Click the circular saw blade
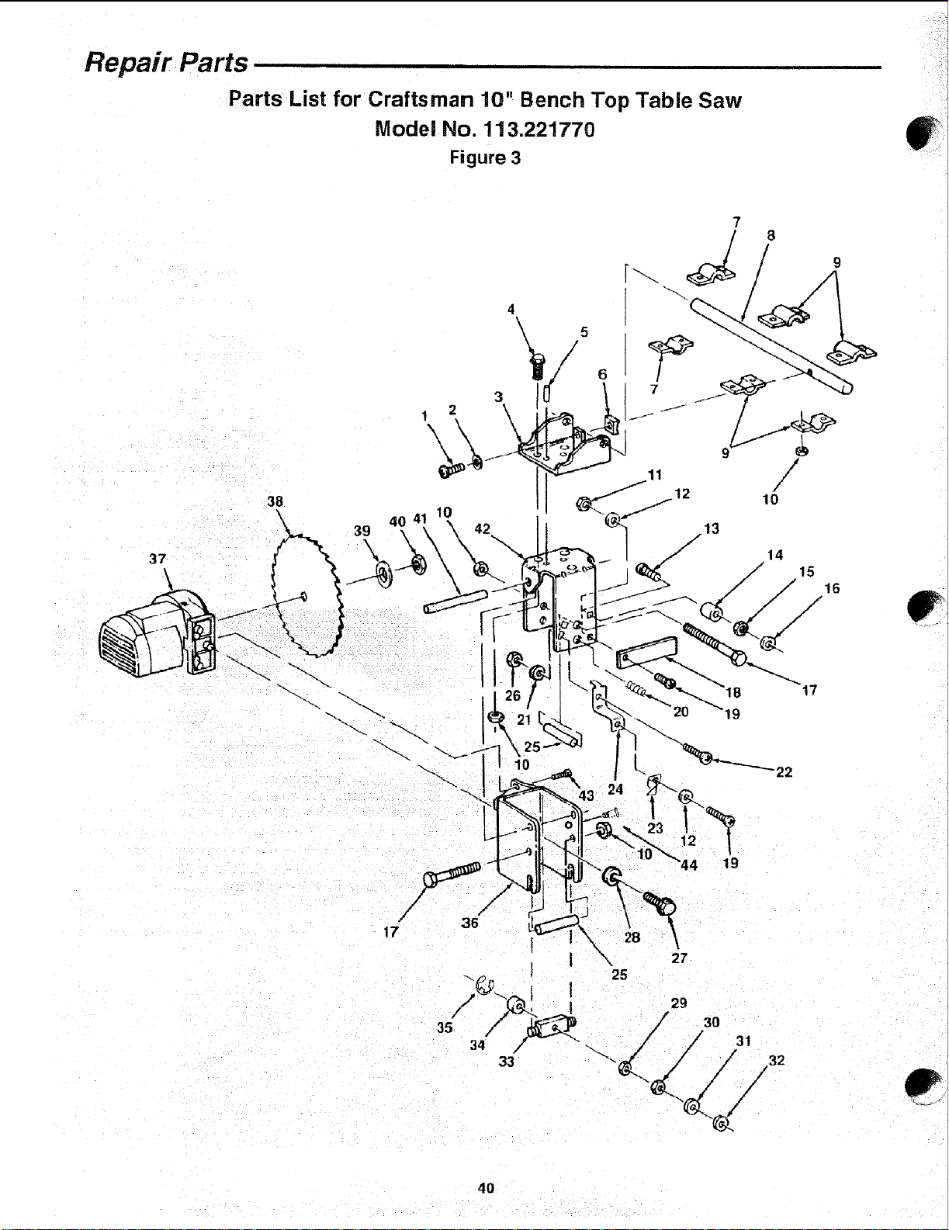[x=307, y=595]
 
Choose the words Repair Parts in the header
[x=166, y=62]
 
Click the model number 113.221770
[x=539, y=130]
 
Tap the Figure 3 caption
[x=485, y=158]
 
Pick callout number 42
[x=482, y=528]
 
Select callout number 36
[x=469, y=923]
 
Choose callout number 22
[x=784, y=772]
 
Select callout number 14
[x=774, y=556]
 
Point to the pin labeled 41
[x=455, y=601]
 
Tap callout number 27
[x=679, y=958]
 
